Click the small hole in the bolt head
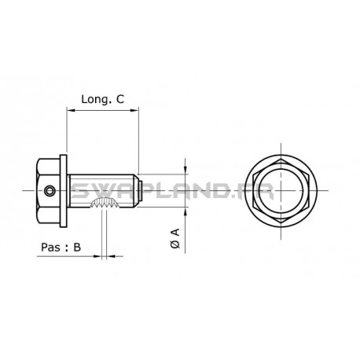pos(50,189)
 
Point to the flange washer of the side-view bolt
pos(69,189)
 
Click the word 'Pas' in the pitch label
pos(47,246)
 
